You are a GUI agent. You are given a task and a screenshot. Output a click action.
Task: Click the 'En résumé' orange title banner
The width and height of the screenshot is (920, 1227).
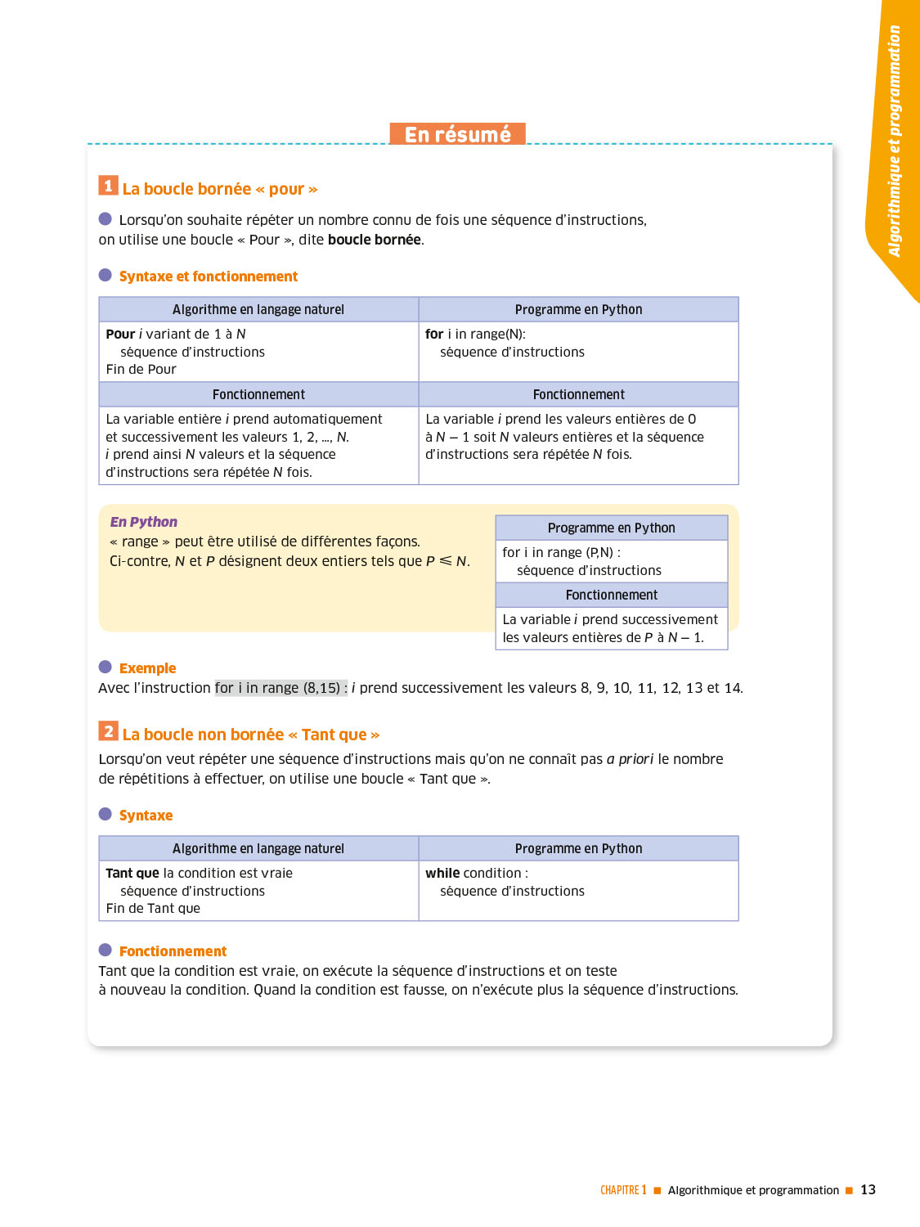[x=457, y=134]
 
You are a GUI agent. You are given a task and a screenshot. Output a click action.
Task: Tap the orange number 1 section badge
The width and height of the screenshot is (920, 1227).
[x=108, y=186]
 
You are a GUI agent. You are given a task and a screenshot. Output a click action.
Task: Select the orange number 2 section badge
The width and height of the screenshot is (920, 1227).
[x=108, y=730]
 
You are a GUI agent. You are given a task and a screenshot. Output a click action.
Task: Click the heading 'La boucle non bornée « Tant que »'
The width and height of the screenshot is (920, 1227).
[x=251, y=735]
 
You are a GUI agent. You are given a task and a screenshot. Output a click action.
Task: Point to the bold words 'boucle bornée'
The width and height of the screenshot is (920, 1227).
[x=375, y=240]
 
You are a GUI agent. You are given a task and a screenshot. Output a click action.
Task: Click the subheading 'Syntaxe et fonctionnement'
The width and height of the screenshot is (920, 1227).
[x=209, y=276]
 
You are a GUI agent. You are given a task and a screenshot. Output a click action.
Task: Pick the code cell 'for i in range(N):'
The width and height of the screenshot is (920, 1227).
[x=475, y=334]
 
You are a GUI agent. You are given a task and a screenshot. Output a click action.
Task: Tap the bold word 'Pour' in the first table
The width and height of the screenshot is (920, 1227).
[x=120, y=334]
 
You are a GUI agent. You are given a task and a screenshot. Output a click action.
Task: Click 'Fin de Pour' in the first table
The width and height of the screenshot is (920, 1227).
[x=141, y=369]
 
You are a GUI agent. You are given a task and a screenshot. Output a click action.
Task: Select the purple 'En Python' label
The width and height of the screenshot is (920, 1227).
[x=143, y=522]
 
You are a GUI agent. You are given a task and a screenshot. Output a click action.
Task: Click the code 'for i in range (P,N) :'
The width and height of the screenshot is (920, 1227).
[x=561, y=552]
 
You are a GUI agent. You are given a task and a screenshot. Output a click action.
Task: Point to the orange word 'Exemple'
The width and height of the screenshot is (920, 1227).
[x=147, y=668]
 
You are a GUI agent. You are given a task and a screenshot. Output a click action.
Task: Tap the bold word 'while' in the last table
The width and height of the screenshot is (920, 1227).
[x=442, y=873]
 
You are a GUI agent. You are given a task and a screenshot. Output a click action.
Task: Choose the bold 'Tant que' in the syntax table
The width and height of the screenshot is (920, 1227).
[x=132, y=873]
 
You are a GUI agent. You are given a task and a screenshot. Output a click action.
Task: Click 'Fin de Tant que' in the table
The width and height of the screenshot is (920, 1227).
[x=153, y=908]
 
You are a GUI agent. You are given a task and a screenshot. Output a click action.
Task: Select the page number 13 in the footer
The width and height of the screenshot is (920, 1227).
[x=868, y=1189]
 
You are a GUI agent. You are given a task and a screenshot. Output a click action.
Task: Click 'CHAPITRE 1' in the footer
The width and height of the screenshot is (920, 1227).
[x=623, y=1190]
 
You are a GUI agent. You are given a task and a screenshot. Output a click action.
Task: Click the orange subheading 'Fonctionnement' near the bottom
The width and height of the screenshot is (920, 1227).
[x=173, y=951]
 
